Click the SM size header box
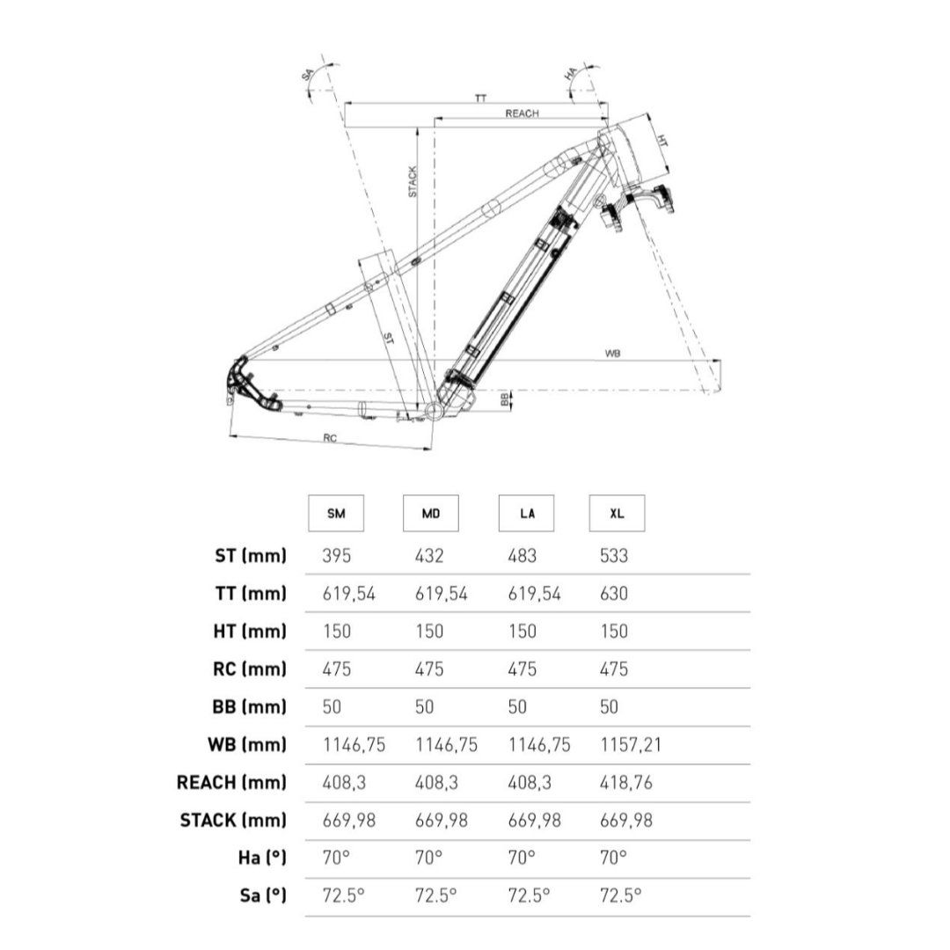336,513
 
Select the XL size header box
617,513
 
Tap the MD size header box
431,513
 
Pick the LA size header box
526,513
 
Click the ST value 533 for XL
614,556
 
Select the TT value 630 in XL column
614,593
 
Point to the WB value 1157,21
631,745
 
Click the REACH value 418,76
626,783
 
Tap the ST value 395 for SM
336,556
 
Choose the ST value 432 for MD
429,556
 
